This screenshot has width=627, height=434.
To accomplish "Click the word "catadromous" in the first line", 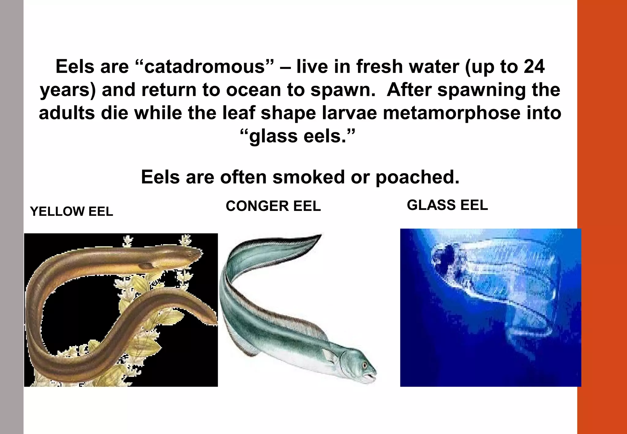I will tap(204, 67).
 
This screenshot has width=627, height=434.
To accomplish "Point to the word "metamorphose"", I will tap(451, 113).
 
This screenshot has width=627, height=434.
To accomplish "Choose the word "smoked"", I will tap(309, 177).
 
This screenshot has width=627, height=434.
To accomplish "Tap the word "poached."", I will tap(418, 177).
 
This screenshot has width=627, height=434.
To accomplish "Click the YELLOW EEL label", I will tap(72, 211).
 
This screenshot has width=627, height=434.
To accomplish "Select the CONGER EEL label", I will tap(273, 206).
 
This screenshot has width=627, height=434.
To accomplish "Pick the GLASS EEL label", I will tap(447, 205).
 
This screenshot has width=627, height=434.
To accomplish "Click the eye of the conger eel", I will tap(364, 365).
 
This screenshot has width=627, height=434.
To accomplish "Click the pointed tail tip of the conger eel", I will tap(320, 235).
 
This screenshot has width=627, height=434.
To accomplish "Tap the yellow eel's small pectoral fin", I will tap(147, 265).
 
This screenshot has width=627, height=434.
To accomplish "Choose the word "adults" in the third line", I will tap(67, 113).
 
